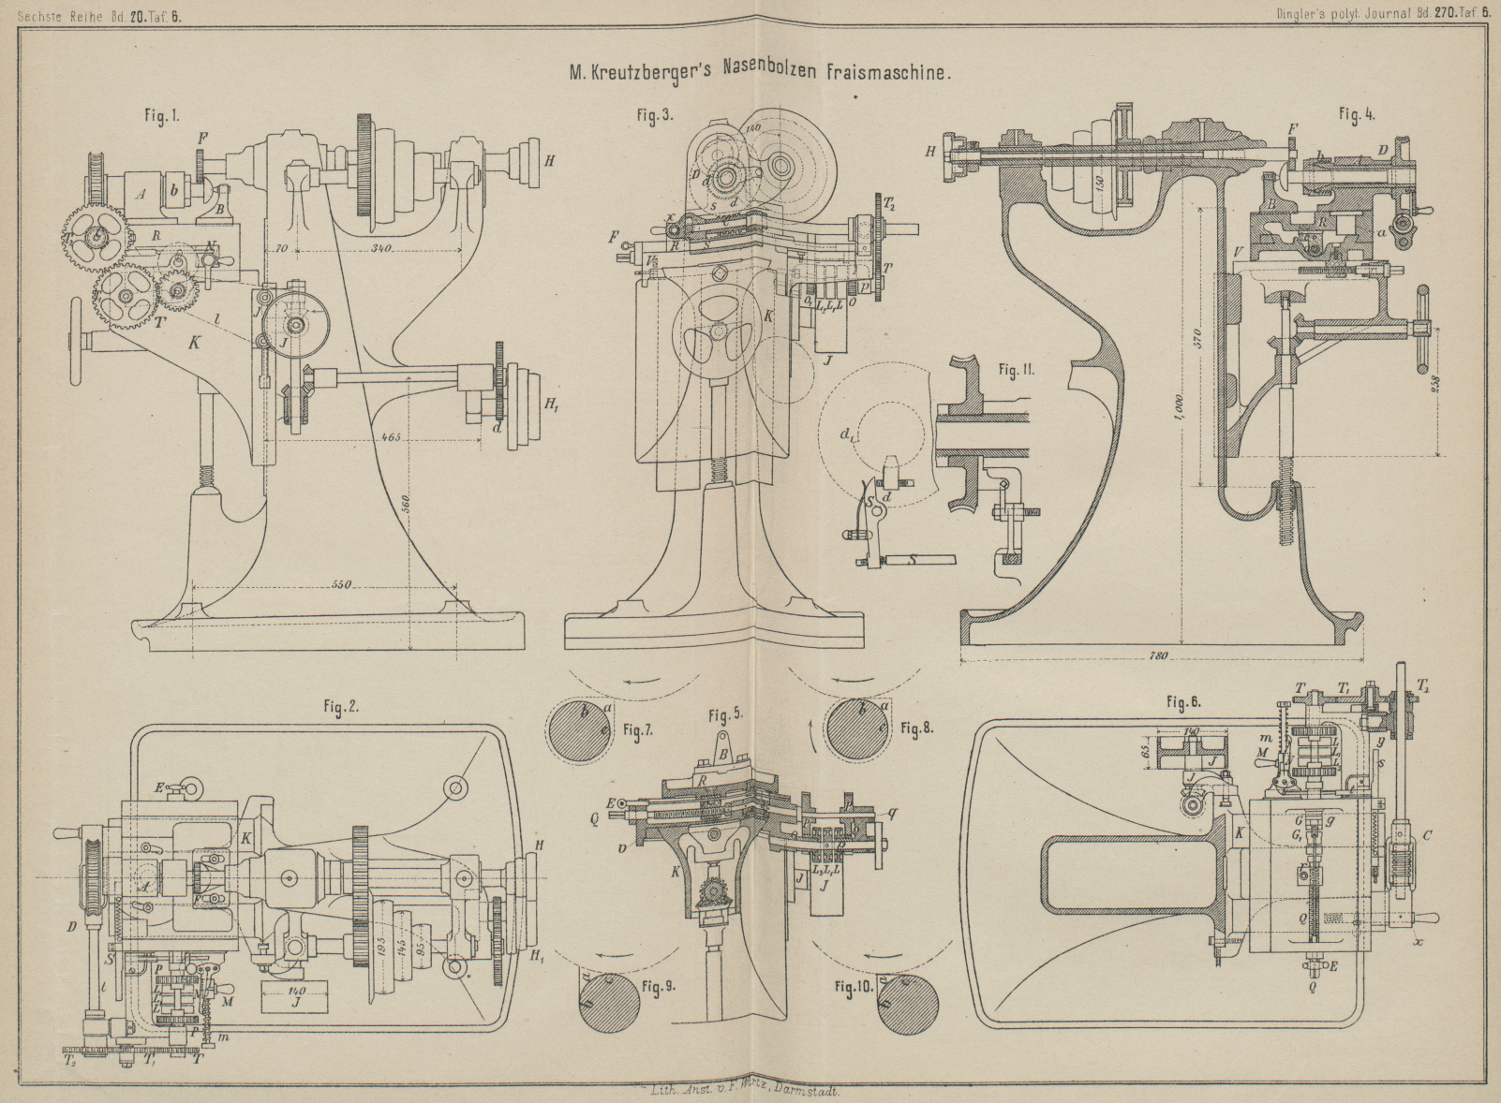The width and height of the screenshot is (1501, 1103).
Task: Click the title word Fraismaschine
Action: click(888, 73)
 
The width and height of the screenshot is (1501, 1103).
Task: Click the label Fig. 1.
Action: click(161, 116)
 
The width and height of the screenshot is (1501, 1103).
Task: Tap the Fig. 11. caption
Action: click(1016, 371)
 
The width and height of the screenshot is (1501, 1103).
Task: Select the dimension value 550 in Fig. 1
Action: click(340, 585)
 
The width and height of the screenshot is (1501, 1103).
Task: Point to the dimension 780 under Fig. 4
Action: click(1159, 656)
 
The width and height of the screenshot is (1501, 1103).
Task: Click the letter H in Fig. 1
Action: click(549, 161)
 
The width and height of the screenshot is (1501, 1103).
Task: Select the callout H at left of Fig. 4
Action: click(931, 151)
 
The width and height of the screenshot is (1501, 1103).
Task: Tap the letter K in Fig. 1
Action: click(195, 343)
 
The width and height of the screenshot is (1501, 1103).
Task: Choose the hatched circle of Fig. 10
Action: click(907, 1003)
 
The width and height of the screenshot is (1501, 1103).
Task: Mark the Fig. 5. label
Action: click(725, 717)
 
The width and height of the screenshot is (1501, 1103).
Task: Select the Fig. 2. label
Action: click(341, 708)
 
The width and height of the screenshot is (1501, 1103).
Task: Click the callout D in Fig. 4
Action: click(1382, 151)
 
